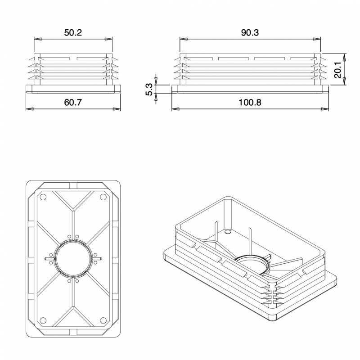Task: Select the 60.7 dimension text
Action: click(x=73, y=102)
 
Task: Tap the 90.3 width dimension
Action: click(x=250, y=33)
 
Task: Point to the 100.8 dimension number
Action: click(x=250, y=102)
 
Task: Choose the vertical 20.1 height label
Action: click(x=338, y=70)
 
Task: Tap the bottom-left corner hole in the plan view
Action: click(x=43, y=320)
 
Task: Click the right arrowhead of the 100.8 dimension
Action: click(x=325, y=109)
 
